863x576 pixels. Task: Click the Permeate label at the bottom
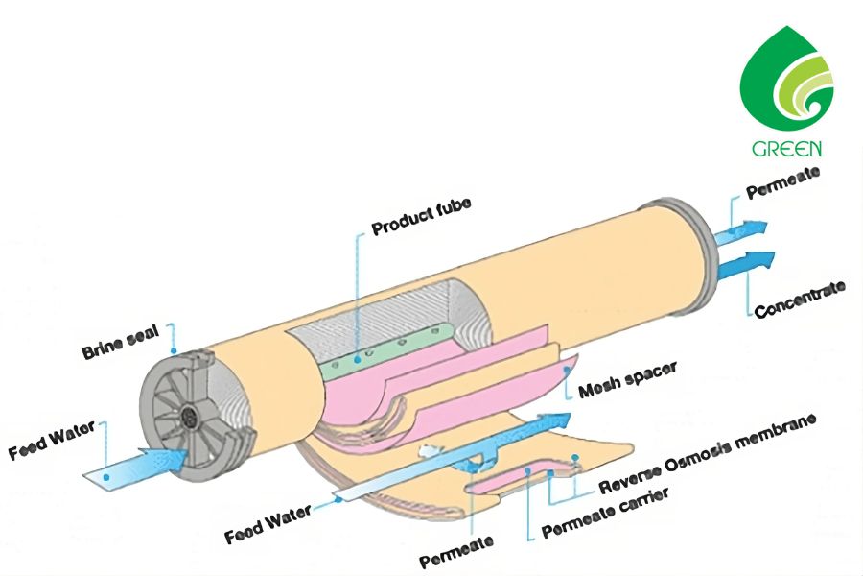click(456, 548)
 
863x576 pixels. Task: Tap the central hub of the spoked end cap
click(191, 417)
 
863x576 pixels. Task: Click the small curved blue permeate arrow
click(471, 464)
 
